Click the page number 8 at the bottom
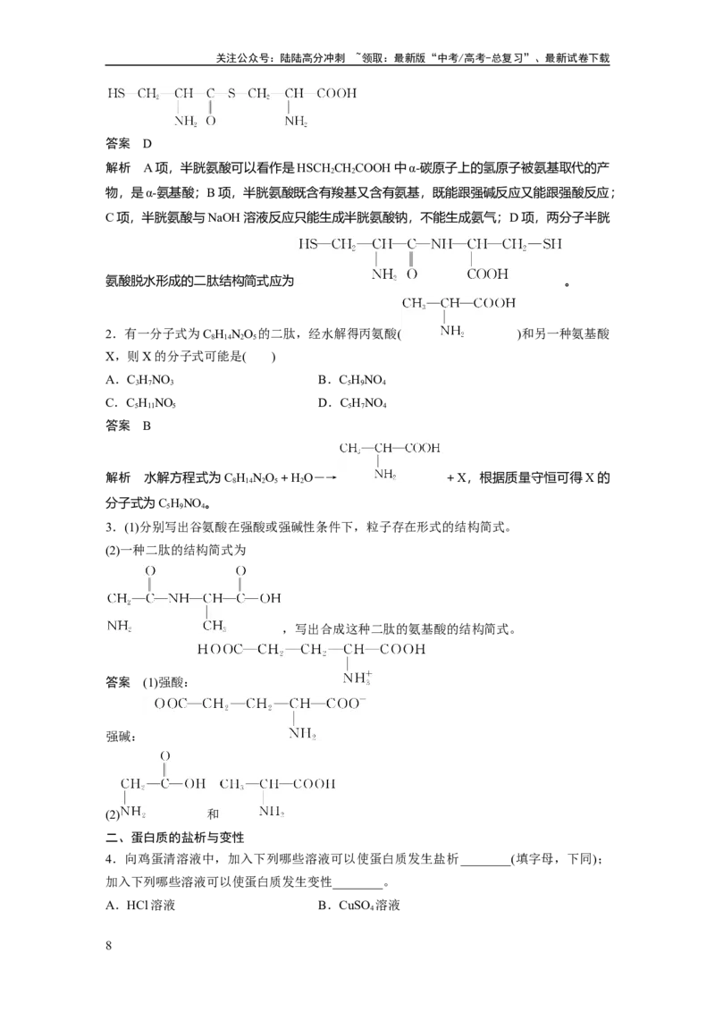click(x=108, y=946)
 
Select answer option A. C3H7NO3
click(x=140, y=380)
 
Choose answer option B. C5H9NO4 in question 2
click(x=352, y=380)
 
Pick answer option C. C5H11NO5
click(x=140, y=403)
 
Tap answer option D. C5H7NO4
click(x=352, y=403)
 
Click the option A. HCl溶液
click(x=140, y=905)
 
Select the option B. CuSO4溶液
click(x=358, y=905)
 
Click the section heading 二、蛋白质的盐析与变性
click(x=175, y=837)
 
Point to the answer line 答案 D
click(x=129, y=143)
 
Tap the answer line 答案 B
click(x=129, y=426)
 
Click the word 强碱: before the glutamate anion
click(x=121, y=737)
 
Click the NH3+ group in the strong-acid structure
click(x=357, y=678)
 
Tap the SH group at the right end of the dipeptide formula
click(x=552, y=244)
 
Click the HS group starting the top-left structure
click(x=116, y=94)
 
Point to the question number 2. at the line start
click(x=111, y=333)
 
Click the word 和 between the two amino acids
click(x=214, y=814)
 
